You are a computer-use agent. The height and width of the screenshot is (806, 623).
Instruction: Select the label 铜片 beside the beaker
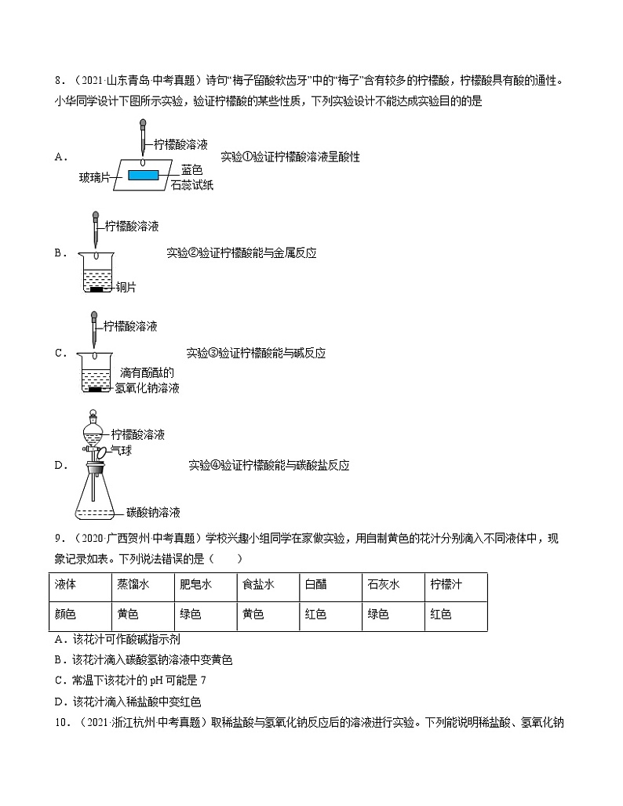[x=126, y=288]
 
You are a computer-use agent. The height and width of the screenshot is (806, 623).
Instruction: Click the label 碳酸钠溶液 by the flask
[x=153, y=512]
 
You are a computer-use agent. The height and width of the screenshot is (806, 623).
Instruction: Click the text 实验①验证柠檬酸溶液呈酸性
[x=290, y=157]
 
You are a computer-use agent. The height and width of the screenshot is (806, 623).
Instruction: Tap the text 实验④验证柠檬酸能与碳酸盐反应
[x=268, y=465]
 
